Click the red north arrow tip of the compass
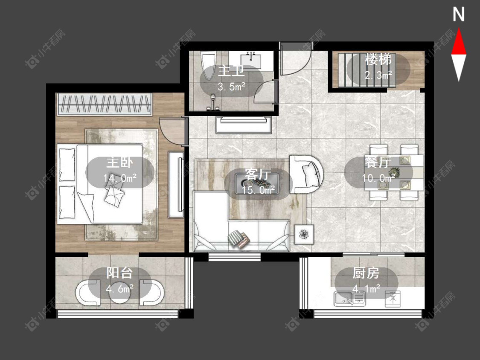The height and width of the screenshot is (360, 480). coord(459,29)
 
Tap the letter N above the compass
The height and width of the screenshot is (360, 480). coord(459,15)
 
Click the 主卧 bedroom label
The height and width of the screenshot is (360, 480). coord(120,163)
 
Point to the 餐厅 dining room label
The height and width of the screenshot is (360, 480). coord(378,162)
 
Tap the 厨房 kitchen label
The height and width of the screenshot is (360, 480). coord(366,273)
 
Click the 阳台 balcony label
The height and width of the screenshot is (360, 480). coord(120,273)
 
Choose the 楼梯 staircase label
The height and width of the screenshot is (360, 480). coord(378,59)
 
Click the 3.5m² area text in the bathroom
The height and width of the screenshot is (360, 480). coord(231,87)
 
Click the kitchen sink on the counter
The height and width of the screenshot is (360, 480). coord(349,299)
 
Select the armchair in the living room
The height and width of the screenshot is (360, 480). coord(306,174)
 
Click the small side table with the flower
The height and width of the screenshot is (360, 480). coord(304,234)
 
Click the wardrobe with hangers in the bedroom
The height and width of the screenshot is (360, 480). coord(105,104)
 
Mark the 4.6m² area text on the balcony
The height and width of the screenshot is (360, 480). coord(120,288)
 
